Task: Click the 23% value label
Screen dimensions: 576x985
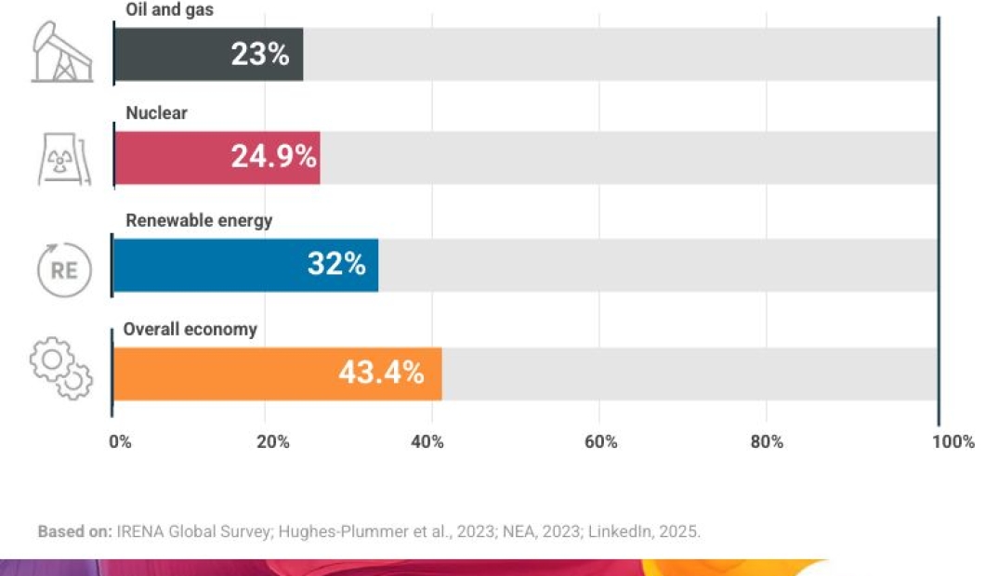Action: [260, 55]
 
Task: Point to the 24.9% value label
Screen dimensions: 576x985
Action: [274, 157]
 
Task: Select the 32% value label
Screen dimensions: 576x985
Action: [336, 265]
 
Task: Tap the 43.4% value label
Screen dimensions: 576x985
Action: [381, 373]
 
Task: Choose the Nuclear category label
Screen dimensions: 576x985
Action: [156, 113]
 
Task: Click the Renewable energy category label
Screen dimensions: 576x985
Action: [199, 221]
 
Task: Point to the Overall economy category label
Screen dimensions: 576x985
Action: [190, 330]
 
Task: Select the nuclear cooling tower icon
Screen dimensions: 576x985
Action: [61, 159]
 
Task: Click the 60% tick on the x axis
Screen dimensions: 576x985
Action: [601, 442]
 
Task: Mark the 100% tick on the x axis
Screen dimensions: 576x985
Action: [954, 442]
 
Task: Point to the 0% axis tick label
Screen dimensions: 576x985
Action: [120, 442]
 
